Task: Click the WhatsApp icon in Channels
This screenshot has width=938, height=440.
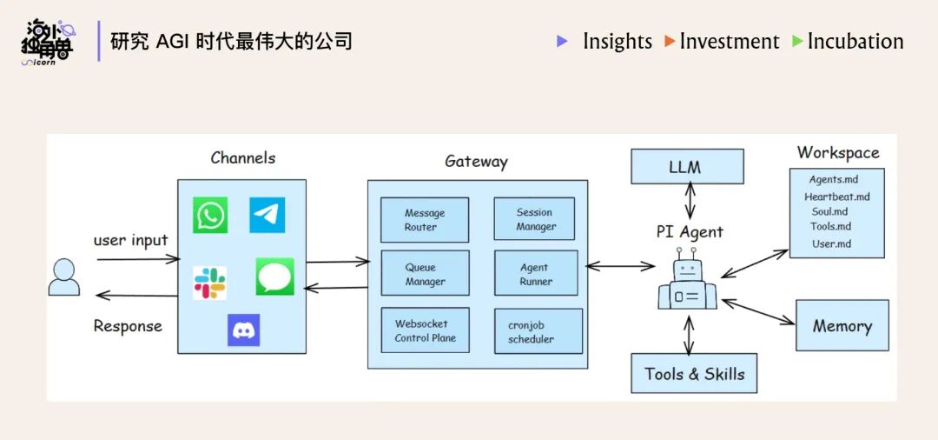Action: (210, 215)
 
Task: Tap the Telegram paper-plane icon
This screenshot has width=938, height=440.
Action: (267, 215)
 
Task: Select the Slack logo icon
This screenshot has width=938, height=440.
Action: (209, 283)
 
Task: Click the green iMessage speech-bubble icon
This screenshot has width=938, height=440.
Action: (274, 277)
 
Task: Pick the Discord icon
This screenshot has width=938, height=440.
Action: (243, 330)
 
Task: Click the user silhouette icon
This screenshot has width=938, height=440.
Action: (64, 277)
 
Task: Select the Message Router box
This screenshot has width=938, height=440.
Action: (425, 220)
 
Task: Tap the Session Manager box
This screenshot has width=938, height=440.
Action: (536, 219)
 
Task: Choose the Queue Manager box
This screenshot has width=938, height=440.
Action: (425, 274)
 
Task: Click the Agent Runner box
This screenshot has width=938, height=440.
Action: (536, 275)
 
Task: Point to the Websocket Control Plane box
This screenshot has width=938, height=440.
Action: (425, 330)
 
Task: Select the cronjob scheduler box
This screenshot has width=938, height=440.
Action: (538, 331)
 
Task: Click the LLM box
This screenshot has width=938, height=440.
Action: (687, 166)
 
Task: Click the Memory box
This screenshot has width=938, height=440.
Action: (842, 326)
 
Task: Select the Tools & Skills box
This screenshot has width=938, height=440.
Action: (694, 374)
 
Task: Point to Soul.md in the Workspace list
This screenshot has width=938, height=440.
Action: (829, 211)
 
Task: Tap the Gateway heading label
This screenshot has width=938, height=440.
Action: (476, 161)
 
